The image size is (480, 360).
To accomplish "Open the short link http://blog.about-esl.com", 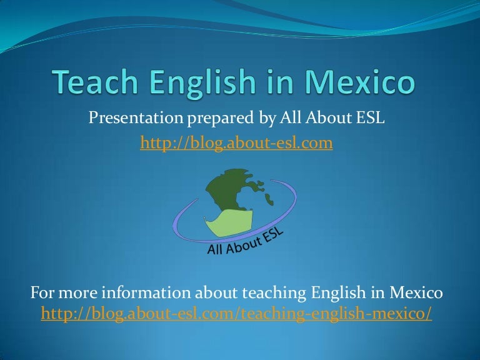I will click(236, 144).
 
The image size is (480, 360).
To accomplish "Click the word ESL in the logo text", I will click(271, 237).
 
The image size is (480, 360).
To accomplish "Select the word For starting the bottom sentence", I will click(42, 292).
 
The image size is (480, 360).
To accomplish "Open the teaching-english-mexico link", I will click(236, 314).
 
